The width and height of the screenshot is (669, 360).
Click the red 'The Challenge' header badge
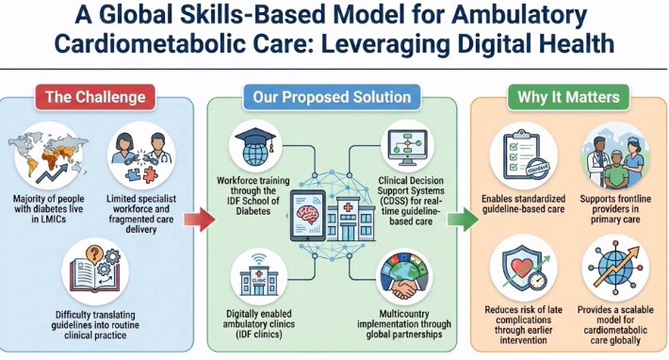(95, 97)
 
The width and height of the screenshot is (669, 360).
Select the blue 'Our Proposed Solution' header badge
(332, 97)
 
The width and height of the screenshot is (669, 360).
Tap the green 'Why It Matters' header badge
(568, 97)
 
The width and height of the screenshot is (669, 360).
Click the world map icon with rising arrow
(48, 155)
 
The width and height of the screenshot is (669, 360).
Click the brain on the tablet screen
(308, 213)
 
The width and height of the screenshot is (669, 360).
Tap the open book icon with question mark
(95, 269)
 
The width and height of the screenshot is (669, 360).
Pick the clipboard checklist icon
(524, 155)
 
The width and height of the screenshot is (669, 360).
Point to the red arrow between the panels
(200, 220)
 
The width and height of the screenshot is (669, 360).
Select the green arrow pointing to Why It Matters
(463, 220)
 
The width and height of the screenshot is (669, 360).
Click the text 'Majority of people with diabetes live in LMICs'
(48, 209)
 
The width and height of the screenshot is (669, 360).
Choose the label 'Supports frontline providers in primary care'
(615, 209)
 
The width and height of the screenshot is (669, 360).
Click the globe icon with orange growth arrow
(615, 268)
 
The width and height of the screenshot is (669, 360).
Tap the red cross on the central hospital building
(348, 207)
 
